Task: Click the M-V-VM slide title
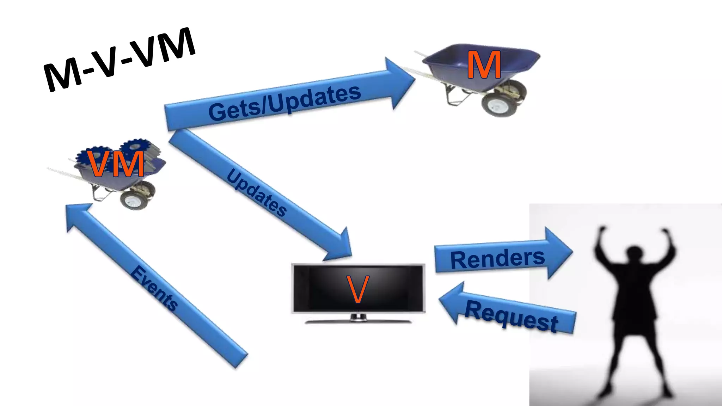119,60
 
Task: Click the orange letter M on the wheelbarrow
484,65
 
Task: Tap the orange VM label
116,164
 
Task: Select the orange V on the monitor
358,289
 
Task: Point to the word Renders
497,259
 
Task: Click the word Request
511,316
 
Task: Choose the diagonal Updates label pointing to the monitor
257,193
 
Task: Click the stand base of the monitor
358,321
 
